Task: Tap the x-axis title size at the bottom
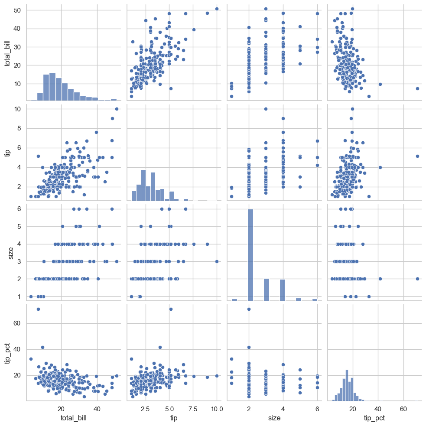click(274, 418)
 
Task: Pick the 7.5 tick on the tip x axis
click(193, 408)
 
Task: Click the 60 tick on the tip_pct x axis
click(403, 408)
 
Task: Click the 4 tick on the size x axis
click(283, 408)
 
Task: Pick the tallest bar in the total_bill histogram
click(52, 87)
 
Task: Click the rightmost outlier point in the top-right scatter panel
click(417, 88)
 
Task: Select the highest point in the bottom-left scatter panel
click(38, 309)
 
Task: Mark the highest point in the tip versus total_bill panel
click(117, 109)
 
